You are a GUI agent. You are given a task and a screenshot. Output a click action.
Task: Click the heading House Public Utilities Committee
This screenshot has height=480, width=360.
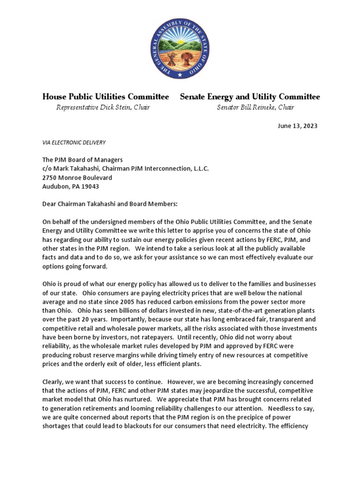click(x=105, y=97)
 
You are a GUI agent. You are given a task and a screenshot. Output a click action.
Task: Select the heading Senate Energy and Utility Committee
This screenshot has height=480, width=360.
click(x=250, y=97)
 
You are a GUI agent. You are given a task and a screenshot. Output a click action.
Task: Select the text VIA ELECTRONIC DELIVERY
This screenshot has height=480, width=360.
click(x=74, y=142)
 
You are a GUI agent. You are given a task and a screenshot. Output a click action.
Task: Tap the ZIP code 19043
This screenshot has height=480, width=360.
click(x=90, y=187)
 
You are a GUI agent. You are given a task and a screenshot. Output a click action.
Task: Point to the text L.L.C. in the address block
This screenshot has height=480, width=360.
click(x=200, y=169)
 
